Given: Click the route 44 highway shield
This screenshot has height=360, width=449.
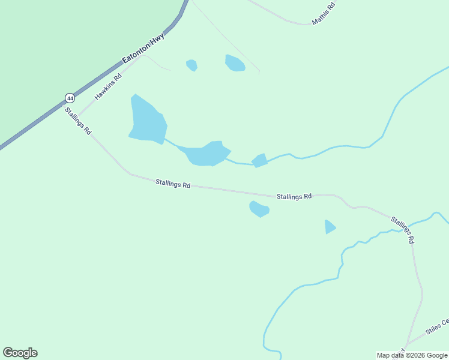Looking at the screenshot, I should click(x=70, y=97).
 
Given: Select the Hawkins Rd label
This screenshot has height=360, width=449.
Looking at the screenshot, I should click(x=108, y=86).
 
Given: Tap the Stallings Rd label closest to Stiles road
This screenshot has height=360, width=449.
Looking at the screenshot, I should click(x=403, y=229).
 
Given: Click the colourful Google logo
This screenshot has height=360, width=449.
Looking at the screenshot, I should click(x=20, y=353).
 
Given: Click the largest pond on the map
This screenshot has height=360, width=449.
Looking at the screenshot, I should click(x=147, y=121).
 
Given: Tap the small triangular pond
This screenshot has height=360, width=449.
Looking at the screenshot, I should click(x=330, y=227).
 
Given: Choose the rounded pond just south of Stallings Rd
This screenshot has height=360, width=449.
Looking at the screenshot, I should click(x=259, y=209).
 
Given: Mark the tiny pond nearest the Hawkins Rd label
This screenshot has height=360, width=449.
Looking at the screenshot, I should click(x=191, y=65).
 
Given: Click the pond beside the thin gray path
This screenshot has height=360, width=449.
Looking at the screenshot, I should click(x=235, y=63).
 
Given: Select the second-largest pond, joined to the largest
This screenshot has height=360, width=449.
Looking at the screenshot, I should click(x=208, y=154).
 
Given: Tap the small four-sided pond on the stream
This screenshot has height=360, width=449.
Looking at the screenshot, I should click(x=259, y=161).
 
